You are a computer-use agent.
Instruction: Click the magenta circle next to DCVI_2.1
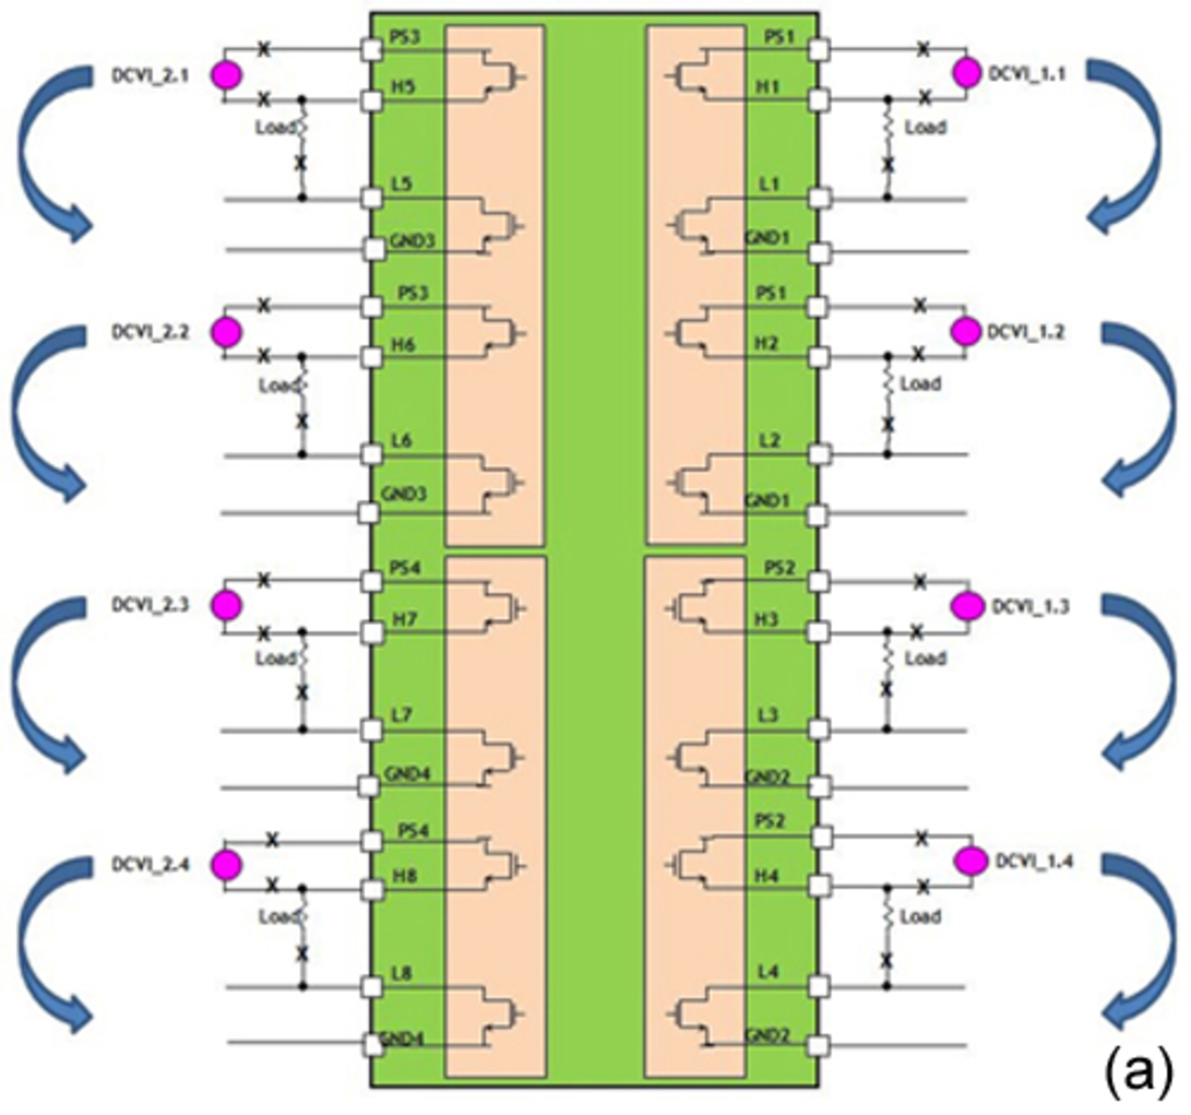pos(226,75)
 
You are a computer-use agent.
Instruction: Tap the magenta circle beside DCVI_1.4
pos(971,861)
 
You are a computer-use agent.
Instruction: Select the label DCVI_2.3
pos(150,604)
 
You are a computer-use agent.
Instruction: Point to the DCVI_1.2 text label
pos(1025,332)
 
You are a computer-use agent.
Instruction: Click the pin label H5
pos(403,87)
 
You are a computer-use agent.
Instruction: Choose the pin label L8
pos(402,973)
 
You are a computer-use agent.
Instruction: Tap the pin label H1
pos(768,87)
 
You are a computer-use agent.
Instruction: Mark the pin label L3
pos(768,715)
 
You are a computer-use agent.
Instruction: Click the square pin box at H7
pos(372,633)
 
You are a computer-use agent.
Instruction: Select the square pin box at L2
pos(819,455)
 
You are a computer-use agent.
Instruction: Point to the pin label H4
pos(767,875)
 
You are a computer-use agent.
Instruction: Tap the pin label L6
pos(402,441)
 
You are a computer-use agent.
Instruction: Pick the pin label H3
pos(767,619)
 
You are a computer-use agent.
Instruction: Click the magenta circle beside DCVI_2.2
pos(226,333)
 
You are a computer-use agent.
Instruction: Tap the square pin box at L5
pos(372,199)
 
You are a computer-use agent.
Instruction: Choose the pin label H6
pos(403,344)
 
